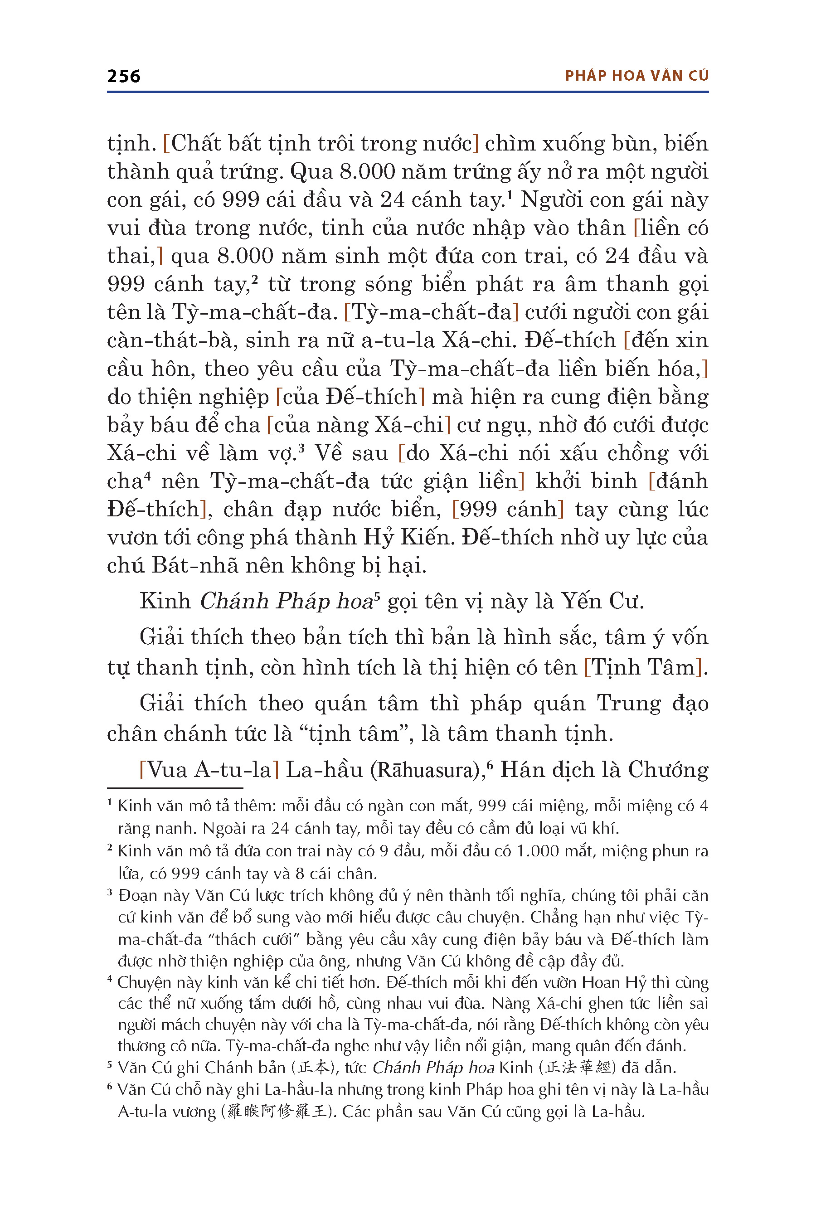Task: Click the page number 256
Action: [123, 77]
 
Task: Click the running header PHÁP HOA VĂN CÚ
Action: [636, 76]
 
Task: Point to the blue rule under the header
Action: [408, 92]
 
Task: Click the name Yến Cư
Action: [602, 602]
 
